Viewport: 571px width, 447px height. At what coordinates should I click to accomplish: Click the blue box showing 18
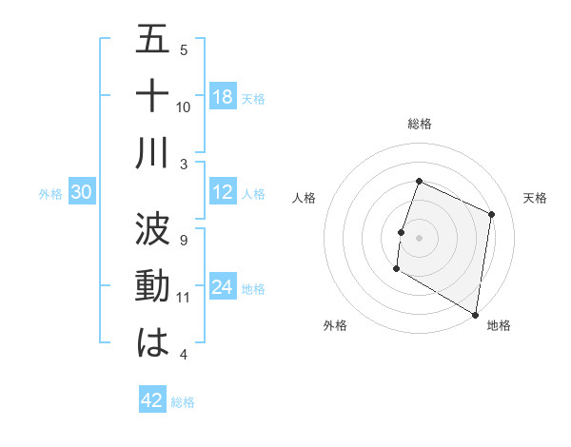pos(223,97)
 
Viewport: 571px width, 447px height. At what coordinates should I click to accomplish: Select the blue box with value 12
pos(223,193)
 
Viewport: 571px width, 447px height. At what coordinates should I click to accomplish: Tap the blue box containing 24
pos(223,288)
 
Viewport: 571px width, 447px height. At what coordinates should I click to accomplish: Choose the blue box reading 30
pos(82,193)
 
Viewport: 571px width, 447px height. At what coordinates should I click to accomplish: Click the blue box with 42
pos(152,400)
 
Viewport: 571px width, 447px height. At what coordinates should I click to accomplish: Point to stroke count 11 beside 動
pos(184,298)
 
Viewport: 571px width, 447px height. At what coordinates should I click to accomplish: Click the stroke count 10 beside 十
pos(184,107)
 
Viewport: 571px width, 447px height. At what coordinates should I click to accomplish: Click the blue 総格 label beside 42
pos(184,402)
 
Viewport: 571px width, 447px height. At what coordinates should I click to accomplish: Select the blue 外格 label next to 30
pos(50,194)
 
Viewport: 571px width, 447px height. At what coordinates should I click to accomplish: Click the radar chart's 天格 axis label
pos(535,198)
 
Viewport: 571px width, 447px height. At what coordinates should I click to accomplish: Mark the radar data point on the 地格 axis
pos(475,314)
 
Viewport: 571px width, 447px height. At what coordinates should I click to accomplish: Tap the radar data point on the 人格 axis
pos(402,232)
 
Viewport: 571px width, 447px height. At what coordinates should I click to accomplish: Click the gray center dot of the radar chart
pos(419,238)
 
